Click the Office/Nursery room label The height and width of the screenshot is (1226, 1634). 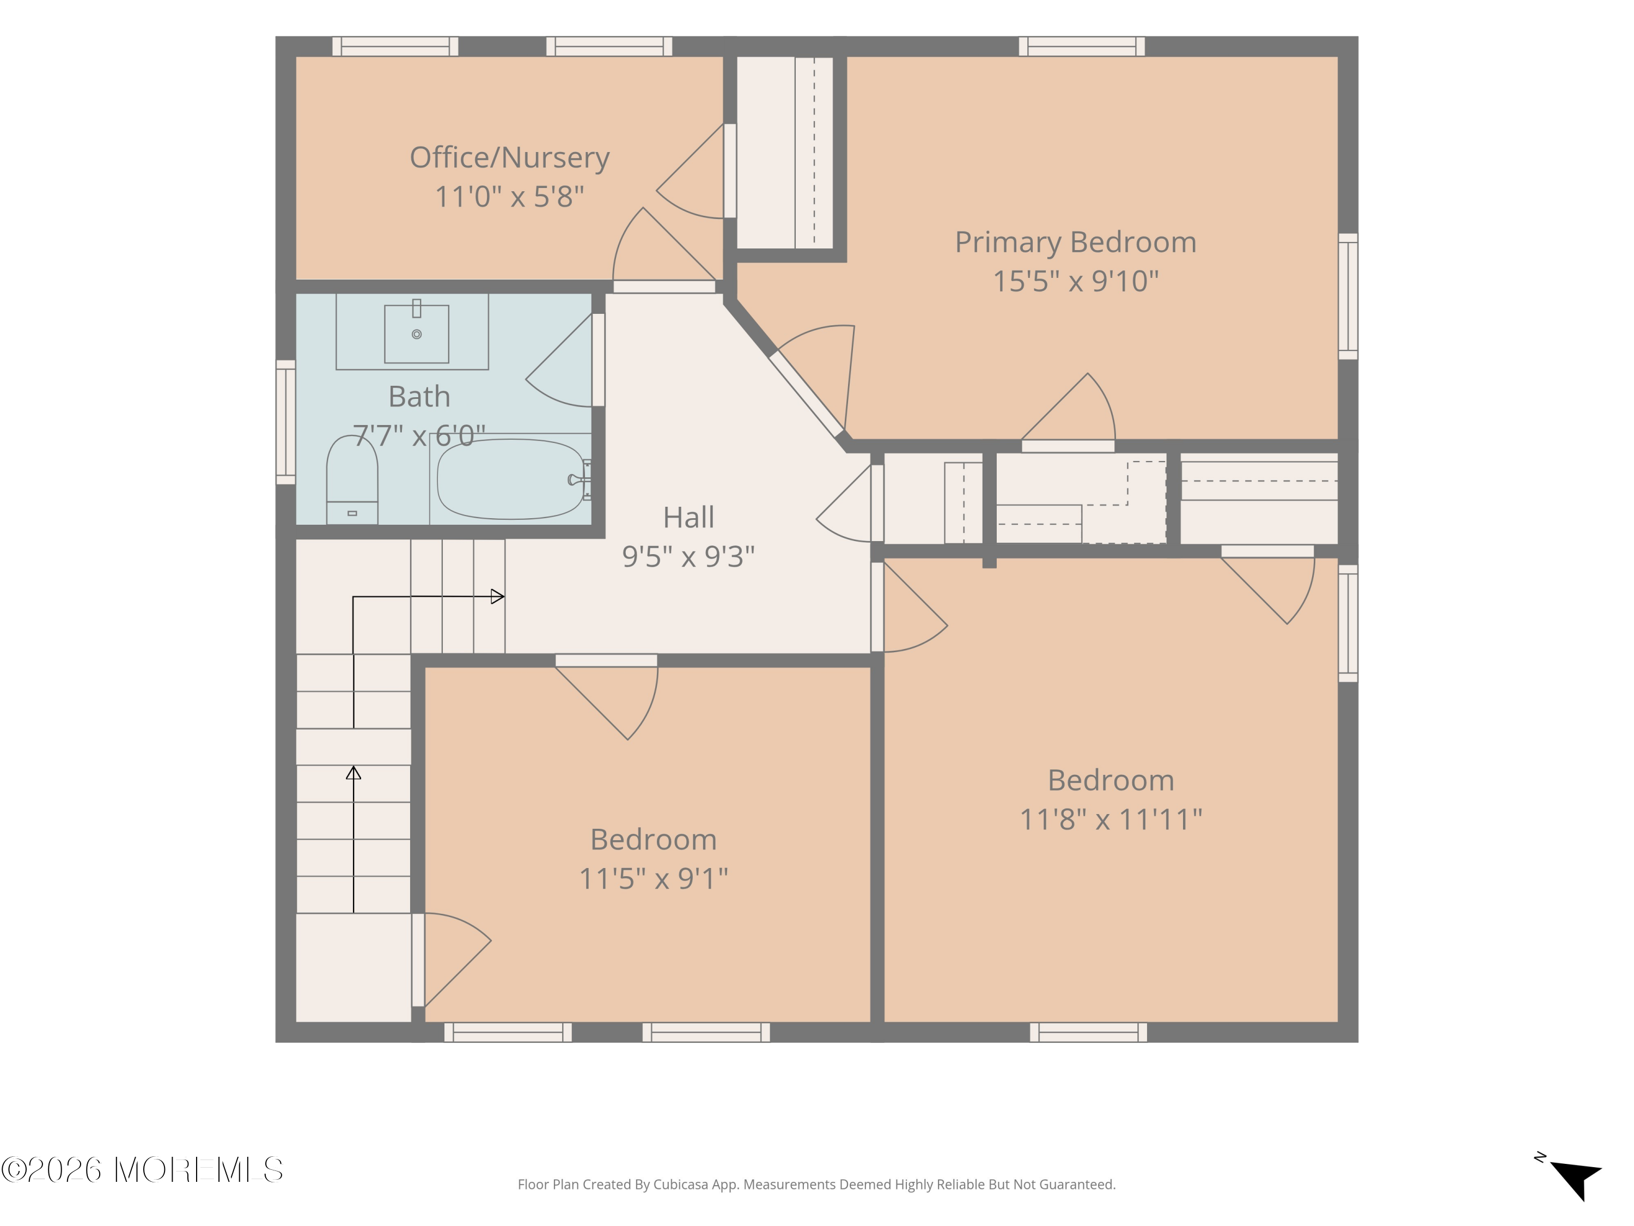(510, 158)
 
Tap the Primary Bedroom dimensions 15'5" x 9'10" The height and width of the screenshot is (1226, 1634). (1076, 282)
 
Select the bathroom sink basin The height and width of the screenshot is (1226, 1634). (417, 334)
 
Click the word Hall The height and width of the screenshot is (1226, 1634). (688, 517)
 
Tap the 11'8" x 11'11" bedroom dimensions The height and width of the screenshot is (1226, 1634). (1111, 820)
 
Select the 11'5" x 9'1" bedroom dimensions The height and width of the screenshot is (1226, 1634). (654, 879)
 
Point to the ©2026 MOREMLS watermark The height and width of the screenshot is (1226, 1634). (142, 1170)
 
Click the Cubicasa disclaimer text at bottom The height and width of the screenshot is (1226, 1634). (816, 1185)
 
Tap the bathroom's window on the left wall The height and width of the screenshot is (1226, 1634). (286, 422)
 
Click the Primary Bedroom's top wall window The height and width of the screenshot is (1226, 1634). (1082, 46)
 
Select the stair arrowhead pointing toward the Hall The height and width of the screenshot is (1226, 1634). (498, 596)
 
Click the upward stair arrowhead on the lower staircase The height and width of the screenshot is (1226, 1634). (354, 773)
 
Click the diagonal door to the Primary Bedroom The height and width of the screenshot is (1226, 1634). (807, 394)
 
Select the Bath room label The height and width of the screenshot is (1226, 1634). (419, 397)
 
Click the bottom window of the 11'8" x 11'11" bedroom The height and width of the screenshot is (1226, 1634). (1088, 1033)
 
